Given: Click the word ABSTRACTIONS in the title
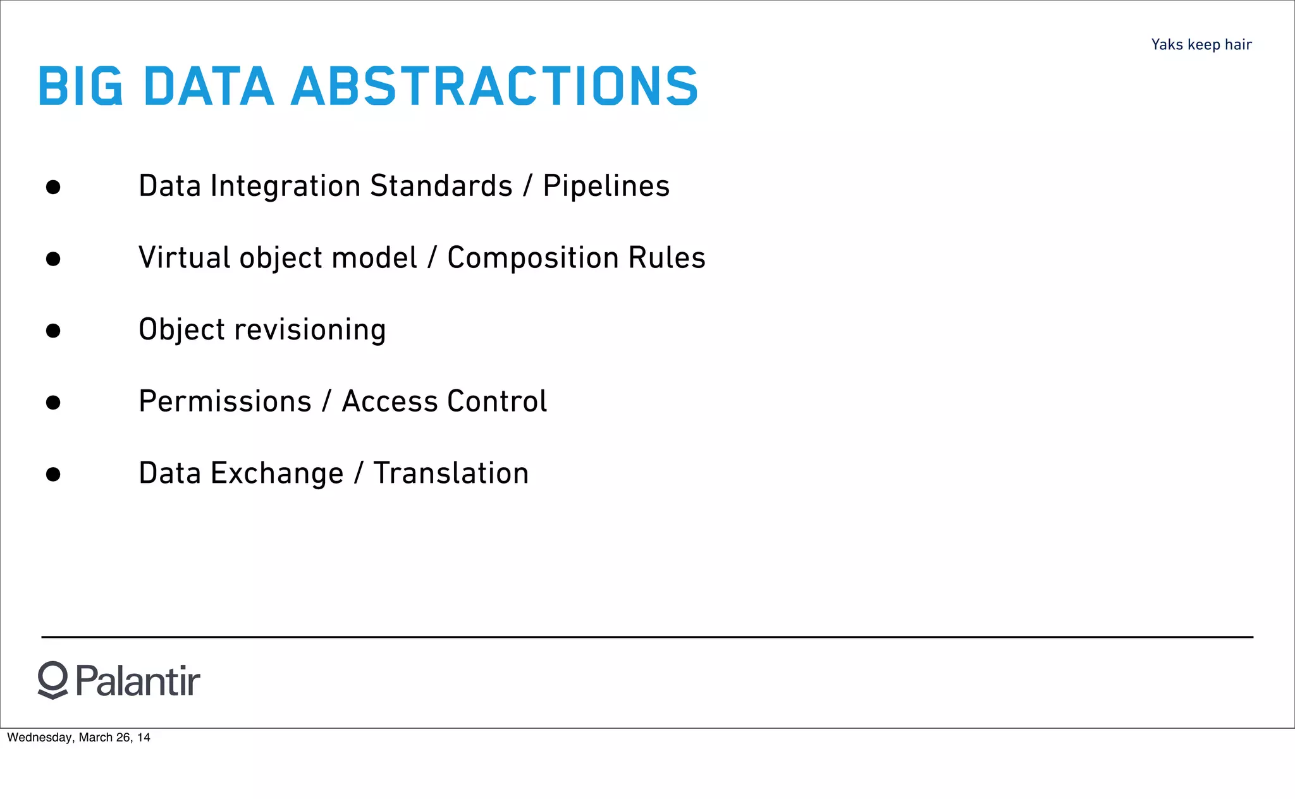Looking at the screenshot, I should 494,86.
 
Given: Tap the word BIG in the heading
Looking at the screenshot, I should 80,86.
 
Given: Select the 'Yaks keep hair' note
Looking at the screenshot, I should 1201,44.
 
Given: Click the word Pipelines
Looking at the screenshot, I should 606,186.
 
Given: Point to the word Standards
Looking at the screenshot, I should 441,186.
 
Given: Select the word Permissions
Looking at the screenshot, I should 225,401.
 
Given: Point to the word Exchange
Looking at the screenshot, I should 277,473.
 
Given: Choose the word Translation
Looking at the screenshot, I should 451,473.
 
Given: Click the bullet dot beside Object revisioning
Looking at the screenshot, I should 53,331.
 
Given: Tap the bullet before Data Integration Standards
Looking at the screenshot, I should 53,187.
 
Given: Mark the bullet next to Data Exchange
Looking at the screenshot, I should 53,474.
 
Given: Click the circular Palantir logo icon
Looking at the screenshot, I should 52,680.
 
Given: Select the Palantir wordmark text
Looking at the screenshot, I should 138,681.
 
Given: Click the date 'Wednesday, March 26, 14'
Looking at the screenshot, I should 78,737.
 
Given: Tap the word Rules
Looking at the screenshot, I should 666,258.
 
